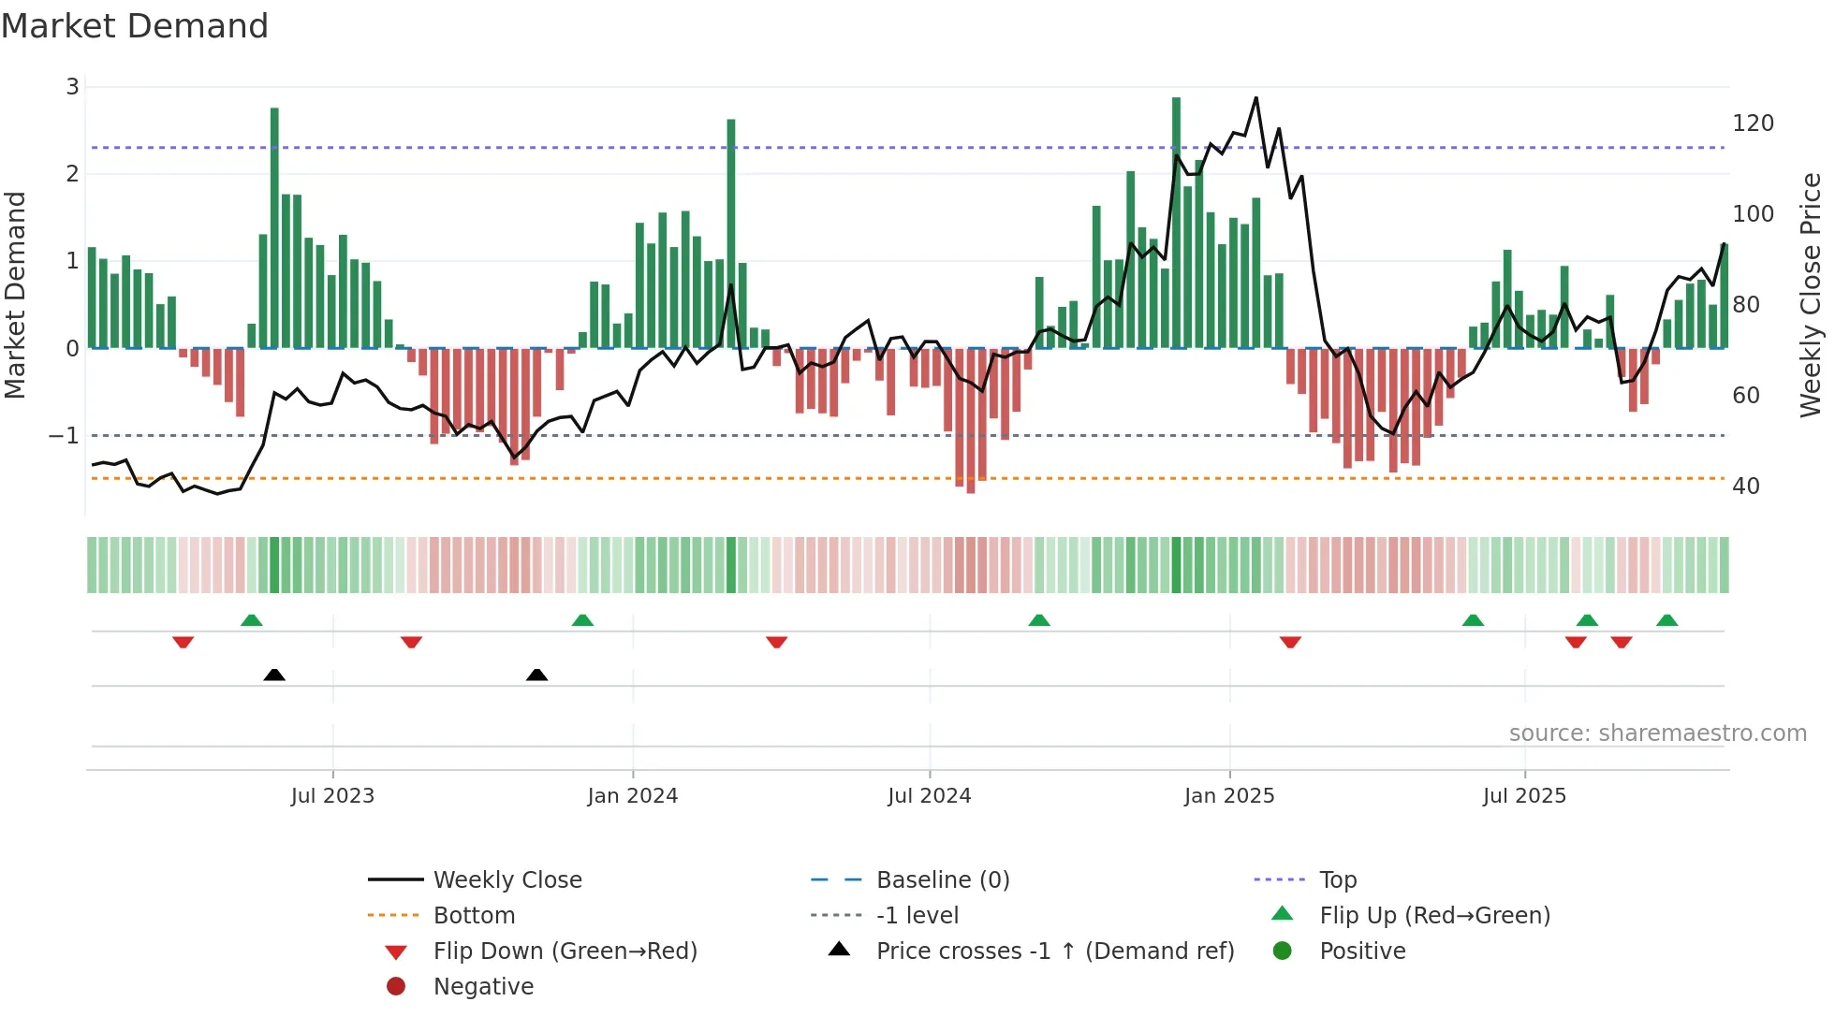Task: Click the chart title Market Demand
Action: pos(135,25)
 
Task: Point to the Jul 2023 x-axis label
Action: pos(332,795)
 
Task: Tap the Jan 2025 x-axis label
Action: pos(1228,795)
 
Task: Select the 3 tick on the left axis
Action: pos(72,87)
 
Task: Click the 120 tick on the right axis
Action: pos(1753,123)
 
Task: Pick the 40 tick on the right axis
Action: pos(1745,486)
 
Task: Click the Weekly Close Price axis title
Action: pos(1811,295)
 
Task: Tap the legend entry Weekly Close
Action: pos(506,879)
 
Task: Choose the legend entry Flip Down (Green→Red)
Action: pos(565,951)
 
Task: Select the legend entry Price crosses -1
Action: pos(1054,951)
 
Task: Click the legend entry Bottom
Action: pos(474,915)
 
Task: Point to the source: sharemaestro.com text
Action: pos(1657,733)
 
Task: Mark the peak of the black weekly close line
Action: pos(1255,97)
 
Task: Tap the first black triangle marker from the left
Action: pos(274,675)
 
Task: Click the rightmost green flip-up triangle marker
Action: pos(1666,620)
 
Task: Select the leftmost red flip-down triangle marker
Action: pos(183,642)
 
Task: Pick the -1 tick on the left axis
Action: pos(64,435)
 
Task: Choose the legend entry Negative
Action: pos(483,986)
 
